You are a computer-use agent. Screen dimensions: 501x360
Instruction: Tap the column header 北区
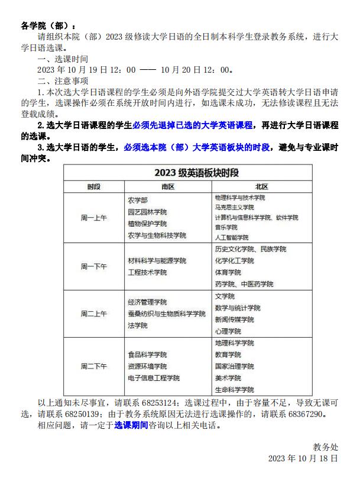(x=261, y=187)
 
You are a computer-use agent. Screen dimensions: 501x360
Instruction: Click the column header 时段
(x=94, y=187)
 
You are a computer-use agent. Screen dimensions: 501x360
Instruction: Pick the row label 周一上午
(x=94, y=217)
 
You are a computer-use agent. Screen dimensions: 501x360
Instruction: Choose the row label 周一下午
(x=94, y=266)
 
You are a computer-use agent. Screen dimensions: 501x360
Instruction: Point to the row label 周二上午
(x=94, y=313)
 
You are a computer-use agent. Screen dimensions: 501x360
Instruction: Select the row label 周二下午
(x=94, y=367)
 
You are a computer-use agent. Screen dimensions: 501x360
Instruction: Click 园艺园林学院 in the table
(x=148, y=212)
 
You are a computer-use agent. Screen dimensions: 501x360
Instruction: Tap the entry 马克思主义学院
(x=234, y=207)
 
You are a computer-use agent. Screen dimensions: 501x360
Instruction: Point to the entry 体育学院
(x=228, y=273)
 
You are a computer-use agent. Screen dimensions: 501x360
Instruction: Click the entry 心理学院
(x=228, y=331)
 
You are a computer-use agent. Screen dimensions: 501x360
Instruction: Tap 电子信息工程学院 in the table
(x=154, y=378)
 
